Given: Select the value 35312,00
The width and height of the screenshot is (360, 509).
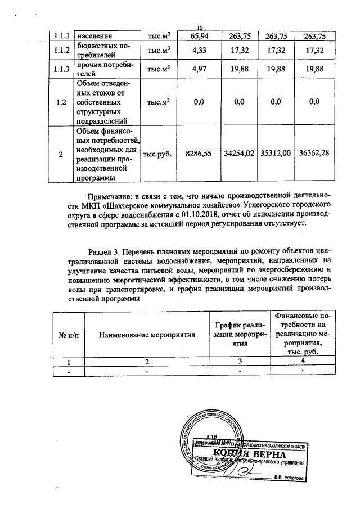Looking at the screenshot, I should [275, 153].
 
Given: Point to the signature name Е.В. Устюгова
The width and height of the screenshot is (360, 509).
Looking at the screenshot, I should [289, 478].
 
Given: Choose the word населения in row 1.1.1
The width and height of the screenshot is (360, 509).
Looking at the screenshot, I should [94, 37].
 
